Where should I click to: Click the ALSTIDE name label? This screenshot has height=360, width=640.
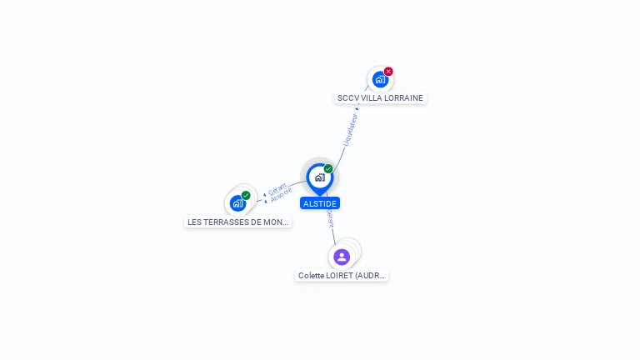pyautogui.click(x=320, y=203)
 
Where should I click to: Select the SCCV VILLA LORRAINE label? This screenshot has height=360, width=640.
pyautogui.click(x=380, y=97)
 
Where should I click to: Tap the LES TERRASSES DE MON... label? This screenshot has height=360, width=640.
pyautogui.click(x=238, y=222)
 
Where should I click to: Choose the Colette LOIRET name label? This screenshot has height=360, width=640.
pyautogui.click(x=342, y=275)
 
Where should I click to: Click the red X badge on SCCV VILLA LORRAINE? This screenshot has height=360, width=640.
pyautogui.click(x=388, y=72)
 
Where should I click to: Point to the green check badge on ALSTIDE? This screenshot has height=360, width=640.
pyautogui.click(x=328, y=169)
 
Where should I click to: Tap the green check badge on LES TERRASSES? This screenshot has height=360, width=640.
pyautogui.click(x=246, y=196)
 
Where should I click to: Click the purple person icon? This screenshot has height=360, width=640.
pyautogui.click(x=342, y=257)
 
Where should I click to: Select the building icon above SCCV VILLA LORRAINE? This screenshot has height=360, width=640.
pyautogui.click(x=379, y=80)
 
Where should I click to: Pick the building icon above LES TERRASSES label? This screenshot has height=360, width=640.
pyautogui.click(x=237, y=203)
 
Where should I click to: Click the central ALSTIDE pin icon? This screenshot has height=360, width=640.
pyautogui.click(x=319, y=177)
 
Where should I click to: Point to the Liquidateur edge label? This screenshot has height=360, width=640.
pyautogui.click(x=350, y=129)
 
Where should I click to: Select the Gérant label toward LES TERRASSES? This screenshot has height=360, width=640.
pyautogui.click(x=277, y=188)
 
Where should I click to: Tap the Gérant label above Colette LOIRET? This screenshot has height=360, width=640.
pyautogui.click(x=331, y=219)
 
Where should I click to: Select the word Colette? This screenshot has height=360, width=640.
pyautogui.click(x=312, y=275)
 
